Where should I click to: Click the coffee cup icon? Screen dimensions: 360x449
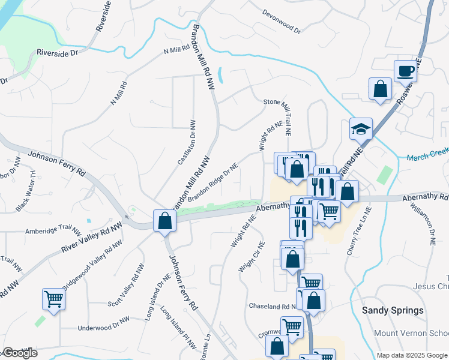[x=405, y=71]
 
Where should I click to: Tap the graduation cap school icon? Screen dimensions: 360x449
[x=361, y=129]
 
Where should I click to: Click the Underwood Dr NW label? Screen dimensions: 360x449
[x=103, y=328]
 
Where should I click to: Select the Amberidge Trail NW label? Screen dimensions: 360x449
[x=53, y=230]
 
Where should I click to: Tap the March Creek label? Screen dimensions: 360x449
[x=427, y=157]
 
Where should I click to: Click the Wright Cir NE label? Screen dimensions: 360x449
[x=252, y=257]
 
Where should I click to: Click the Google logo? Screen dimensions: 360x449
[x=19, y=353]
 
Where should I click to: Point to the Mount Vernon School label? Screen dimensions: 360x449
[x=411, y=333]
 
